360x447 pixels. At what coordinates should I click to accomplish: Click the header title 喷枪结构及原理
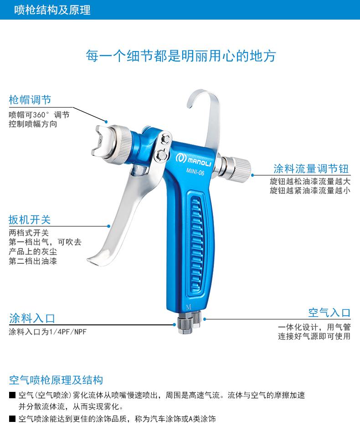coord(52,10)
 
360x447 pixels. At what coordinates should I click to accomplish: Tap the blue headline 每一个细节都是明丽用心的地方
coord(181,56)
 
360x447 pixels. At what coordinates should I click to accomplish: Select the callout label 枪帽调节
coord(30,100)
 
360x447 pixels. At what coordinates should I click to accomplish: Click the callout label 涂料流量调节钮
coord(311,169)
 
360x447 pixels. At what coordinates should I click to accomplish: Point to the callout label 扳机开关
coord(30,220)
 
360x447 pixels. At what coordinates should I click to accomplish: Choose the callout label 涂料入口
coord(32,318)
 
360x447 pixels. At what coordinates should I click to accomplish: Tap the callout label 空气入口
coord(329,313)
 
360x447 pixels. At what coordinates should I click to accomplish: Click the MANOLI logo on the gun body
coord(193,159)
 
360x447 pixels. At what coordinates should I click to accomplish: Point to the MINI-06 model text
coord(195,172)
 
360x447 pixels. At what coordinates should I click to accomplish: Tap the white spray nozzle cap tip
coord(102,142)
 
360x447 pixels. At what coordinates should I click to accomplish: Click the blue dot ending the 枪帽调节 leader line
coord(106,122)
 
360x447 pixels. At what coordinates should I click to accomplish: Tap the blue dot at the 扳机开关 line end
coord(108,226)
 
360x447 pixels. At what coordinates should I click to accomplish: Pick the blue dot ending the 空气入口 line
coord(205,319)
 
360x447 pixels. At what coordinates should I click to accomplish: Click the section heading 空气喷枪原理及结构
coord(56,380)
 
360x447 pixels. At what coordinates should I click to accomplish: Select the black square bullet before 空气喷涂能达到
coord(12,419)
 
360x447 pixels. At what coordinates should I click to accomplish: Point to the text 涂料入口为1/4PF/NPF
coord(47,332)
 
